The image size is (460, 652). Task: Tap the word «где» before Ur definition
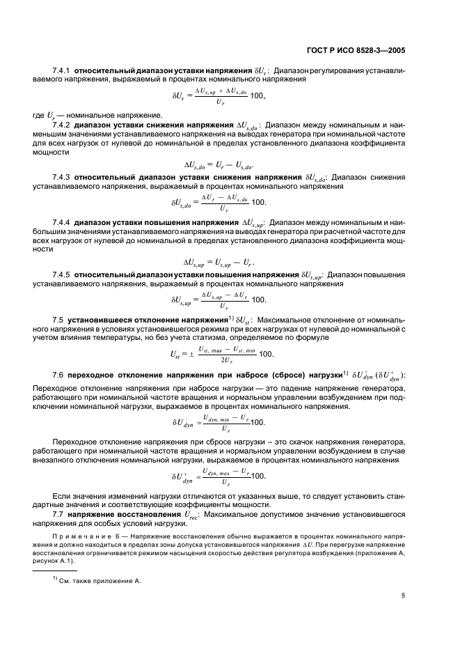point(38,114)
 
